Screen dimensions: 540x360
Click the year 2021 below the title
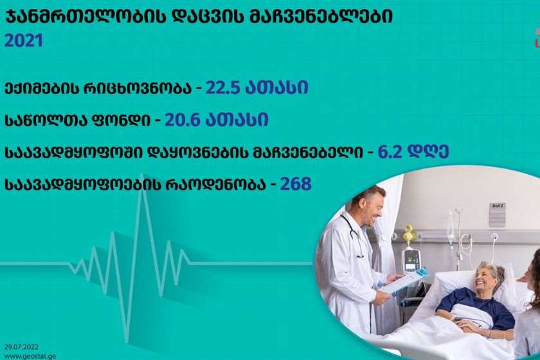24,40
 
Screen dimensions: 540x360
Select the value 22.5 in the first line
222,87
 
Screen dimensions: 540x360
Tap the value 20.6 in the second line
182,120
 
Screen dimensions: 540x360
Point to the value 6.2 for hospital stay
390,152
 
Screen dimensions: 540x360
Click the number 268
296,184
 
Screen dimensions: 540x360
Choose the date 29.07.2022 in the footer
21,347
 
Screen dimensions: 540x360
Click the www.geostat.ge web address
30,356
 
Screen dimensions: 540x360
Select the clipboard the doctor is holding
405,280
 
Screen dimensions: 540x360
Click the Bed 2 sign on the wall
498,215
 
